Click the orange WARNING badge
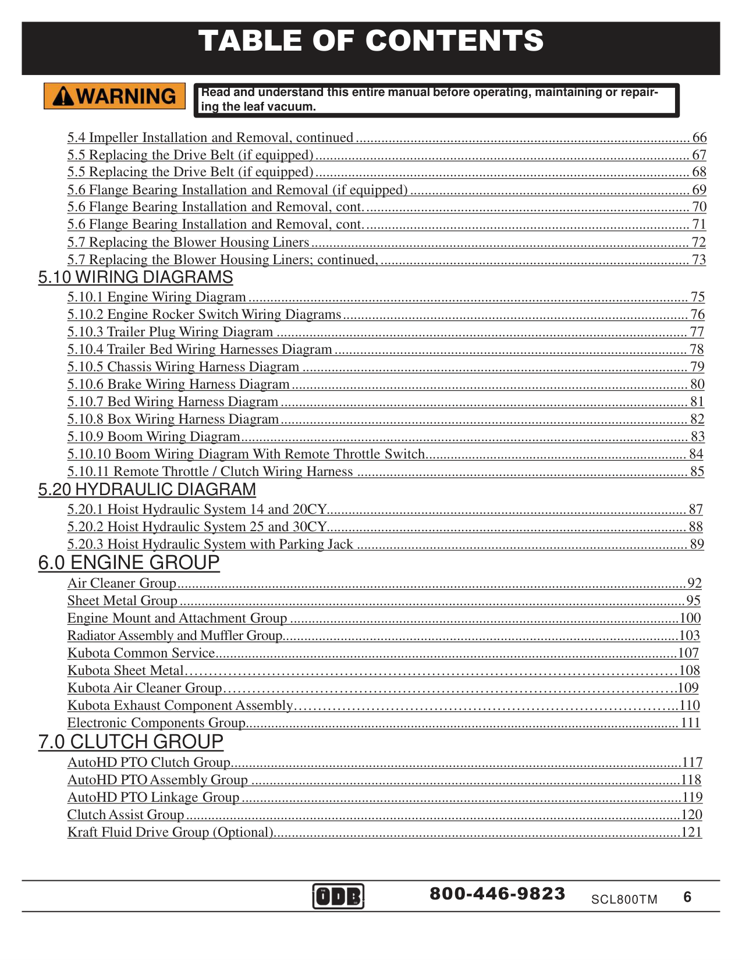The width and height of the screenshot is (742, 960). (x=115, y=96)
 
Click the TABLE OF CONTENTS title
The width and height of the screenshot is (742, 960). (x=371, y=41)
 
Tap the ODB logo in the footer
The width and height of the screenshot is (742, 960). (x=338, y=896)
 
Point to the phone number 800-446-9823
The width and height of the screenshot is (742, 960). (x=498, y=894)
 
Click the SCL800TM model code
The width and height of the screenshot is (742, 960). (x=624, y=899)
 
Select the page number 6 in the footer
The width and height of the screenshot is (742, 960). (x=687, y=897)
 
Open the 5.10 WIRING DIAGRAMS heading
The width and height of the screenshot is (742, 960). (x=136, y=278)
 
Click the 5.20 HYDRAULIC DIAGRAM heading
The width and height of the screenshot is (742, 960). (x=147, y=490)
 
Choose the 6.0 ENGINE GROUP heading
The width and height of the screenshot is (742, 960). (x=129, y=563)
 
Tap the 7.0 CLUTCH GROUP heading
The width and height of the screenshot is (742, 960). (x=131, y=742)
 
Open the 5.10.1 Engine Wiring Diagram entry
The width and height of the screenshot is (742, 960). (x=157, y=297)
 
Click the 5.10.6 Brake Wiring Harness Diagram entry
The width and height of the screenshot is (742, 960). (x=178, y=385)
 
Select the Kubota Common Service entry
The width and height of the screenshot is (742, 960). (x=141, y=653)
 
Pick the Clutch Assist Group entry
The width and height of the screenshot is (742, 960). (x=126, y=815)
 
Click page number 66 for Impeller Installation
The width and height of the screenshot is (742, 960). (x=699, y=138)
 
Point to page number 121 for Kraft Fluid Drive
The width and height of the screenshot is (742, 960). (x=691, y=833)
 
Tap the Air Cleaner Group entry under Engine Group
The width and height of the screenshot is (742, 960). (x=122, y=584)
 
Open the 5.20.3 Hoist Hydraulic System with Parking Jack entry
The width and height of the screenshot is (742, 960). (x=210, y=545)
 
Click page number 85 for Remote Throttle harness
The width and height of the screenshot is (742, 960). (x=697, y=472)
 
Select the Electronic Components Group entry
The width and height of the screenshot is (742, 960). (x=156, y=723)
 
